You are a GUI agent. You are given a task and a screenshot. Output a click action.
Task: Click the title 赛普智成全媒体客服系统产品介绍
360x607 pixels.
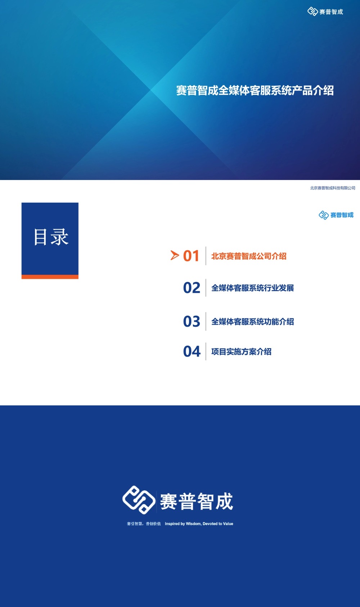pyautogui.click(x=255, y=90)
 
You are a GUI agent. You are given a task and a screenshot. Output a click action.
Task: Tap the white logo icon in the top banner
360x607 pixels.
pyautogui.click(x=312, y=12)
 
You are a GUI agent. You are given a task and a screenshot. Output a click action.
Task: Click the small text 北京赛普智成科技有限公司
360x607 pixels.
pyautogui.click(x=332, y=188)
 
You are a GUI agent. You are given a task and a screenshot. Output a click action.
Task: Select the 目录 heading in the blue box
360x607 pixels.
pyautogui.click(x=50, y=237)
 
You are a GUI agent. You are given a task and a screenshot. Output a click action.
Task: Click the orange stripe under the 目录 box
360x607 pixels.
pyautogui.click(x=50, y=277)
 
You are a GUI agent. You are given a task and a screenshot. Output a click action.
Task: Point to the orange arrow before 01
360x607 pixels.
pyautogui.click(x=175, y=256)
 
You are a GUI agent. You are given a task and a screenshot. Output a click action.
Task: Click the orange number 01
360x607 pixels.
pyautogui.click(x=191, y=256)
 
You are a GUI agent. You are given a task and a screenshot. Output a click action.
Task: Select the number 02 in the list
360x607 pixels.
pyautogui.click(x=192, y=288)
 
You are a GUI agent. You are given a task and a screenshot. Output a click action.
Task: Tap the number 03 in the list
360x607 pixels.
pyautogui.click(x=192, y=322)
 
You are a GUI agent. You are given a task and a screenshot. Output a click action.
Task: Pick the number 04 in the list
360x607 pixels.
pyautogui.click(x=192, y=351)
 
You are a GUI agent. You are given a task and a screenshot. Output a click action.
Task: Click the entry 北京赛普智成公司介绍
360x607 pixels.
pyautogui.click(x=249, y=256)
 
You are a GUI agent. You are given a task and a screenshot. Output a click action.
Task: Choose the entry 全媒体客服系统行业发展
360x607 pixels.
pyautogui.click(x=252, y=288)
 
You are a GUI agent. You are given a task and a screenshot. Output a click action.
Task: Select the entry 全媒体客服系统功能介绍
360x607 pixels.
pyautogui.click(x=252, y=322)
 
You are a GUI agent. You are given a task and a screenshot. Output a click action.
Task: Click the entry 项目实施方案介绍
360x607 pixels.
pyautogui.click(x=241, y=352)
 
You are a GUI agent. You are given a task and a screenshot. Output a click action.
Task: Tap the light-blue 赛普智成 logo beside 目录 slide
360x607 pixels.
pyautogui.click(x=336, y=215)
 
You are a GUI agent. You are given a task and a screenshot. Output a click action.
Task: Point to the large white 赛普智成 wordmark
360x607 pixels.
pyautogui.click(x=197, y=502)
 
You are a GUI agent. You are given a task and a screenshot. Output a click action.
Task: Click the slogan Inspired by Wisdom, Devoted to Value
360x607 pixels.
pyautogui.click(x=199, y=524)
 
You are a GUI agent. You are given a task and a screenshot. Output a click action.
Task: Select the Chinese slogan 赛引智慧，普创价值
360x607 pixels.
pyautogui.click(x=144, y=524)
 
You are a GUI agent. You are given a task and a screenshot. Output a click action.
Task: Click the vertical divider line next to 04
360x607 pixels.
pyautogui.click(x=206, y=351)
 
